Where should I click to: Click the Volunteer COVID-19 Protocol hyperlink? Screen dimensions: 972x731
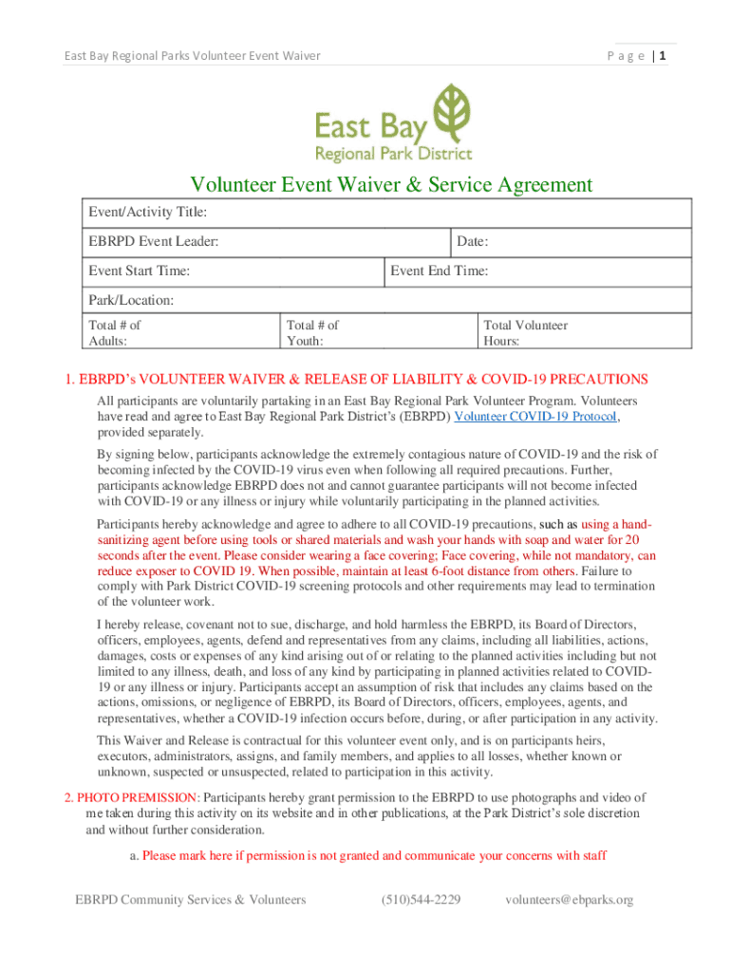tap(537, 416)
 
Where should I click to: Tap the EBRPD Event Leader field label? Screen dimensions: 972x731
tap(154, 242)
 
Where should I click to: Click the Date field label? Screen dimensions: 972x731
tap(473, 242)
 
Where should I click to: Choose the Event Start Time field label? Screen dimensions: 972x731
tap(140, 271)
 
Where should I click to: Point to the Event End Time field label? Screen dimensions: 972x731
tap(440, 271)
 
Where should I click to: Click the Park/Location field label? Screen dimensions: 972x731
tap(132, 300)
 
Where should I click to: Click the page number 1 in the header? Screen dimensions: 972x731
tap(664, 56)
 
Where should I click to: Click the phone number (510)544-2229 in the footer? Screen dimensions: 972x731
tap(421, 899)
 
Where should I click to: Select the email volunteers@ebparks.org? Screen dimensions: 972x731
tap(569, 899)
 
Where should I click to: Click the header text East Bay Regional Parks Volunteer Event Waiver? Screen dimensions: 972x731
tap(192, 56)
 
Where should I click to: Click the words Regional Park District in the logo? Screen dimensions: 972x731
tap(393, 153)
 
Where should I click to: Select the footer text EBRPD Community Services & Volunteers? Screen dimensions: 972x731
tap(191, 899)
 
